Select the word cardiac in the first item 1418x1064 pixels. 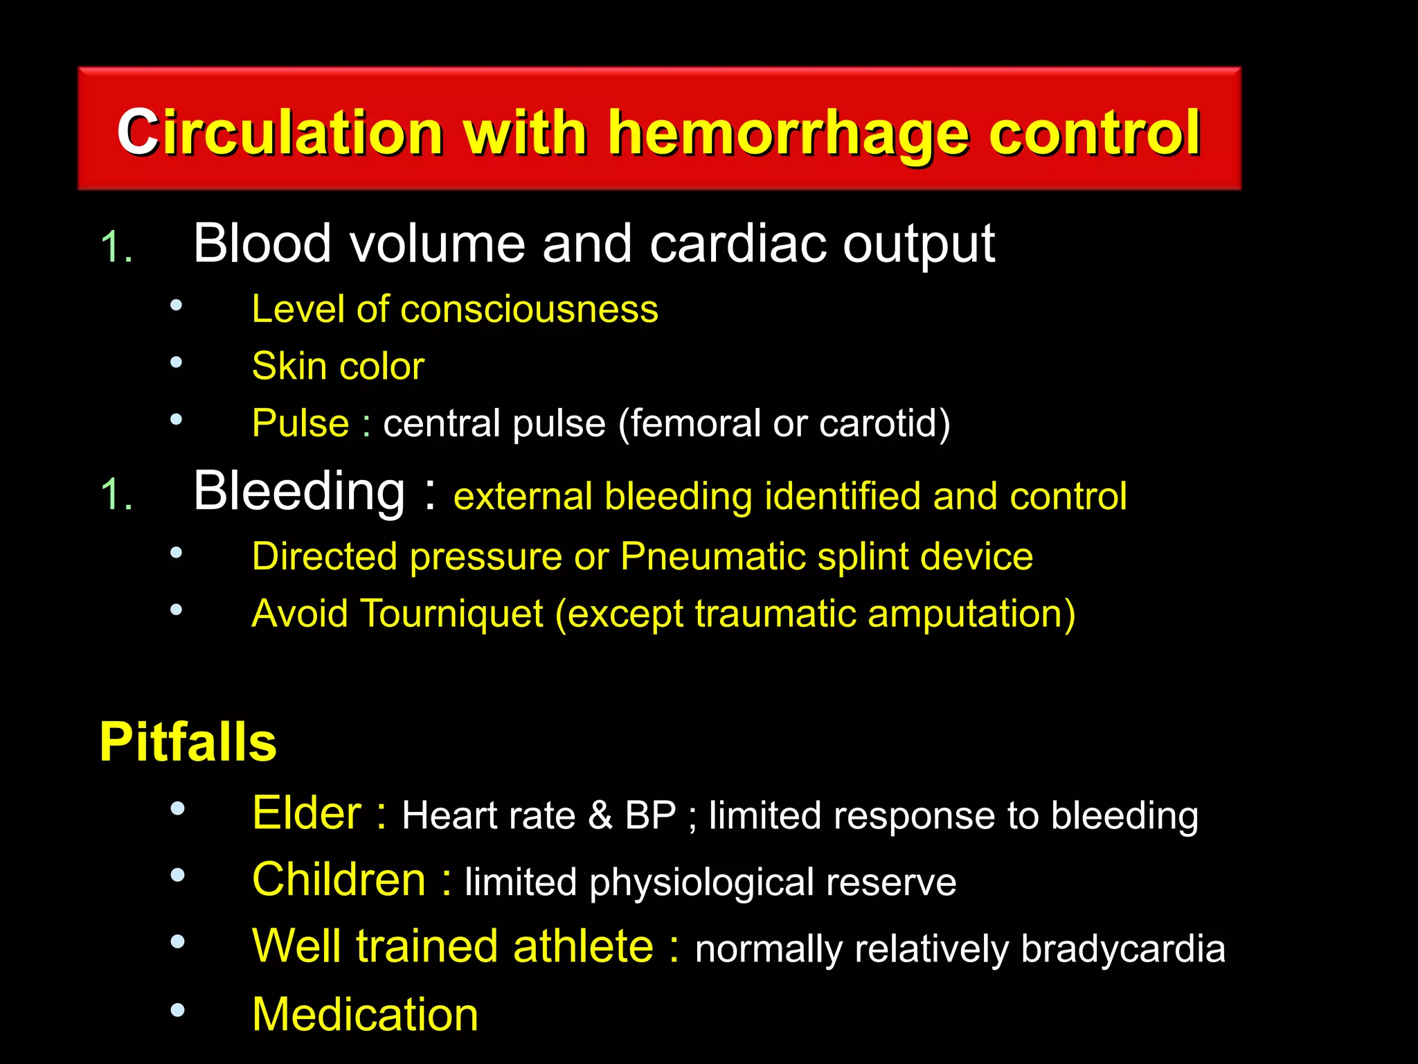tap(738, 244)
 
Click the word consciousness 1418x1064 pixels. tap(529, 309)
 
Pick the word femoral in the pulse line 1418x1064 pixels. tap(694, 423)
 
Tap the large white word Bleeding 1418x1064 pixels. tap(299, 491)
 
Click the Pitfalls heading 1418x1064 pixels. tap(188, 742)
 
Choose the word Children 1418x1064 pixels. tap(339, 880)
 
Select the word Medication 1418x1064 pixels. tap(365, 1014)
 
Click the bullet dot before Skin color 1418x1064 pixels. tap(177, 362)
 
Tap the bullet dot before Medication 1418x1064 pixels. tap(177, 1010)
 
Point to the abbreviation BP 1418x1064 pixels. tap(650, 815)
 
